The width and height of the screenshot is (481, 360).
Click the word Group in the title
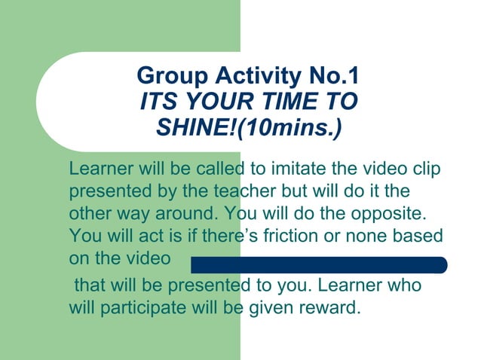(170, 76)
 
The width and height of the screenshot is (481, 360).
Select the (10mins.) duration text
(290, 126)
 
